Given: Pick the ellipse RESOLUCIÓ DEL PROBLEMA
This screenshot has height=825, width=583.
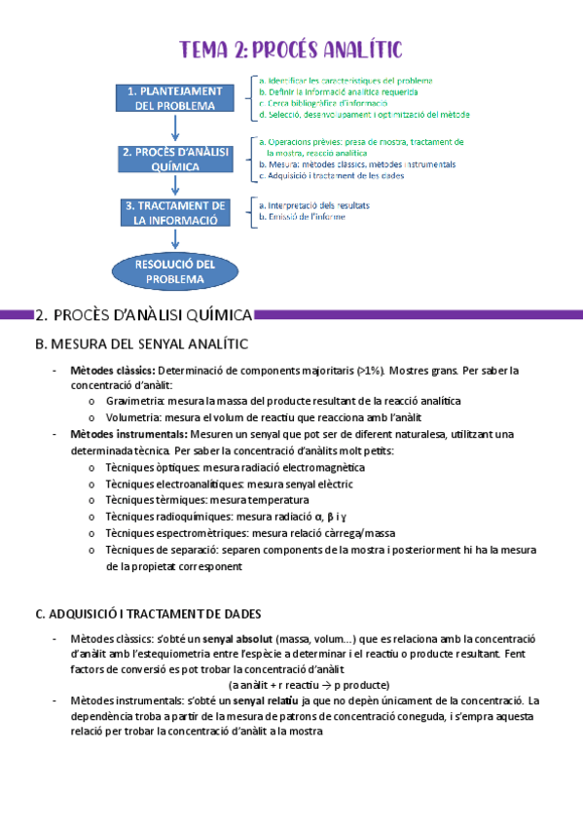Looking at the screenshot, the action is coord(175,270).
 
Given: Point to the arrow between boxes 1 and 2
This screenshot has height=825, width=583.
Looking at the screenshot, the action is coord(175,127).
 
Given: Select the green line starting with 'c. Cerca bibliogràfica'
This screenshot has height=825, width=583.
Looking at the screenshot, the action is coord(327,103).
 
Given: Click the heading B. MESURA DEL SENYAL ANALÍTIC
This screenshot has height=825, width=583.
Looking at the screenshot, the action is coord(141,344).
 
